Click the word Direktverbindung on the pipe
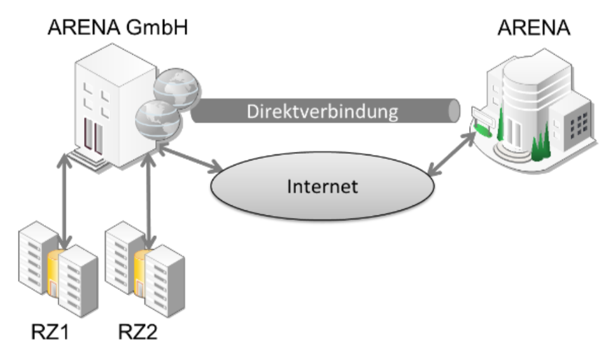(x=324, y=112)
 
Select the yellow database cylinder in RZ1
(x=55, y=270)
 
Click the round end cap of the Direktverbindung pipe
(x=453, y=111)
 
